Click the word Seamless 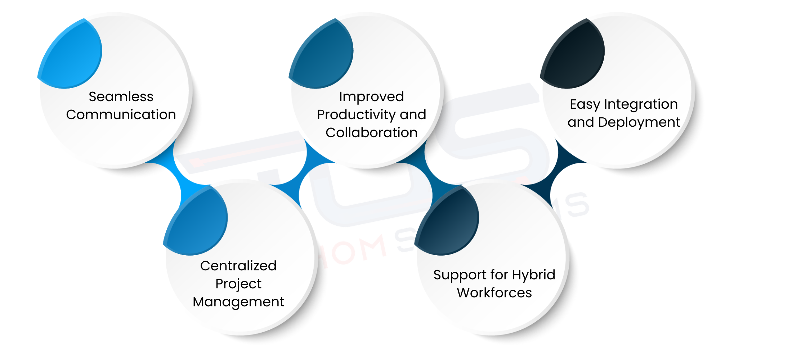pos(121,96)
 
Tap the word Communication pos(121,114)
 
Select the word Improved pos(371,96)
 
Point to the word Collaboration pos(371,132)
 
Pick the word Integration pos(641,104)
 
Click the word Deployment pos(639,122)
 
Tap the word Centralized pos(238,266)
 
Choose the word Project pos(238,284)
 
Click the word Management pos(238,302)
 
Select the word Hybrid pos(533,275)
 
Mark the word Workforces pos(494,293)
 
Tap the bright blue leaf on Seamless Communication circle pos(72,58)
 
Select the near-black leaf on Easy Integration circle pos(575,58)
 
